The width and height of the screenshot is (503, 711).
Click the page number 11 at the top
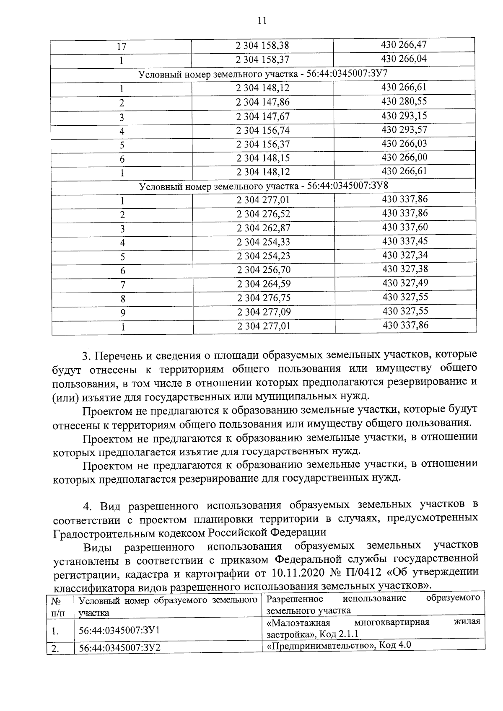tap(262, 21)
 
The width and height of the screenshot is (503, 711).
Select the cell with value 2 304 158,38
tap(262, 46)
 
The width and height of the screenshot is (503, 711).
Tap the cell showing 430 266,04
tap(404, 59)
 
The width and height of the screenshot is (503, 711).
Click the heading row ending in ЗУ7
tap(263, 74)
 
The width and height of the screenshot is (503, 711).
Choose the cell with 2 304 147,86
tap(262, 102)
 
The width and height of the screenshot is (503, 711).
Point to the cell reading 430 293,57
tap(404, 129)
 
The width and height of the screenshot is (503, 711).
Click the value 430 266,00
tap(404, 157)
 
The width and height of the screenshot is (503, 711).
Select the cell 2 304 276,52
tap(263, 214)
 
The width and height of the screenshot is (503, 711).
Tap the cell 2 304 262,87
tap(263, 228)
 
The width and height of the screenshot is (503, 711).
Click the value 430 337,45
tap(405, 241)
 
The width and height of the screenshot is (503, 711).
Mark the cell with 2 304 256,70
tap(263, 270)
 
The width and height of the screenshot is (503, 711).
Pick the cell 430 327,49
tap(405, 283)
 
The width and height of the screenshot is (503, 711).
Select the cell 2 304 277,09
tap(264, 312)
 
